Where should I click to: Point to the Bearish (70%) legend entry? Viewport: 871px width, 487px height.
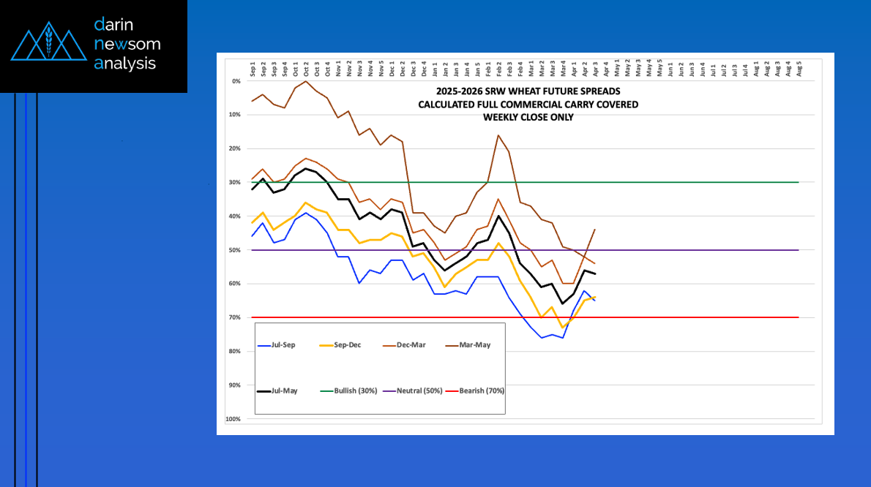(482, 391)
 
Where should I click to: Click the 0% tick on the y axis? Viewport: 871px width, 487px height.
(236, 81)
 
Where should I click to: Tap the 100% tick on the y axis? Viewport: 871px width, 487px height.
(234, 419)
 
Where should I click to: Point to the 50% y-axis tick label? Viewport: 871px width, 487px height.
(235, 250)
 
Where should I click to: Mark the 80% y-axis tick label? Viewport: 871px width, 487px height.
(235, 351)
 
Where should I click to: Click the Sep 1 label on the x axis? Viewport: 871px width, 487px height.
(253, 69)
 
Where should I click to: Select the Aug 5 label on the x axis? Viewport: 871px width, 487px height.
(799, 69)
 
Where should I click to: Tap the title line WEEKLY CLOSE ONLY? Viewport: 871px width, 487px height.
(528, 117)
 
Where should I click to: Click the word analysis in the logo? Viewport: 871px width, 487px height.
(125, 64)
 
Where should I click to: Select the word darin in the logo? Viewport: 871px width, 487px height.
(113, 24)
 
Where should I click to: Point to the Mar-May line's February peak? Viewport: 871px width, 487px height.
(498, 135)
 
